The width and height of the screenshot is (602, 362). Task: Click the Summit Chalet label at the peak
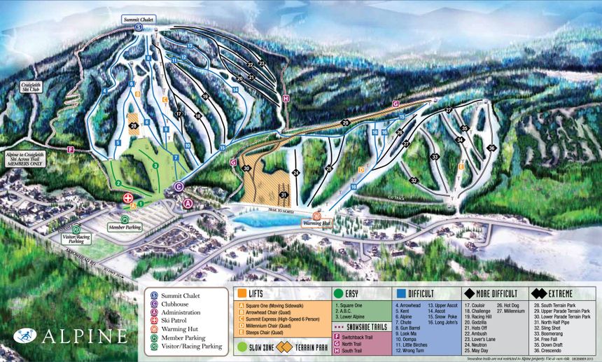click(139, 18)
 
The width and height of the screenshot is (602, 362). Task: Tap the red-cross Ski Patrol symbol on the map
click(127, 198)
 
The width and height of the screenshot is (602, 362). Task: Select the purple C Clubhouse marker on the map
click(178, 187)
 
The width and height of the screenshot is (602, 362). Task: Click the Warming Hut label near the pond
click(316, 223)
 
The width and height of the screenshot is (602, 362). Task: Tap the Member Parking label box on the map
click(124, 228)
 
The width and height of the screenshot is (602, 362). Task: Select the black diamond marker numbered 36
click(491, 148)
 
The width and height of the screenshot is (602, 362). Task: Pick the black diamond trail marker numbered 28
click(133, 126)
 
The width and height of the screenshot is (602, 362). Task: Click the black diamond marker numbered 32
click(414, 181)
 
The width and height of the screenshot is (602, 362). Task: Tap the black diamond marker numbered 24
click(296, 172)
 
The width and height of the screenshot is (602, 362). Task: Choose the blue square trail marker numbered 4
click(104, 90)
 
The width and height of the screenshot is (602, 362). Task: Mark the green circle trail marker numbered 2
click(119, 183)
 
